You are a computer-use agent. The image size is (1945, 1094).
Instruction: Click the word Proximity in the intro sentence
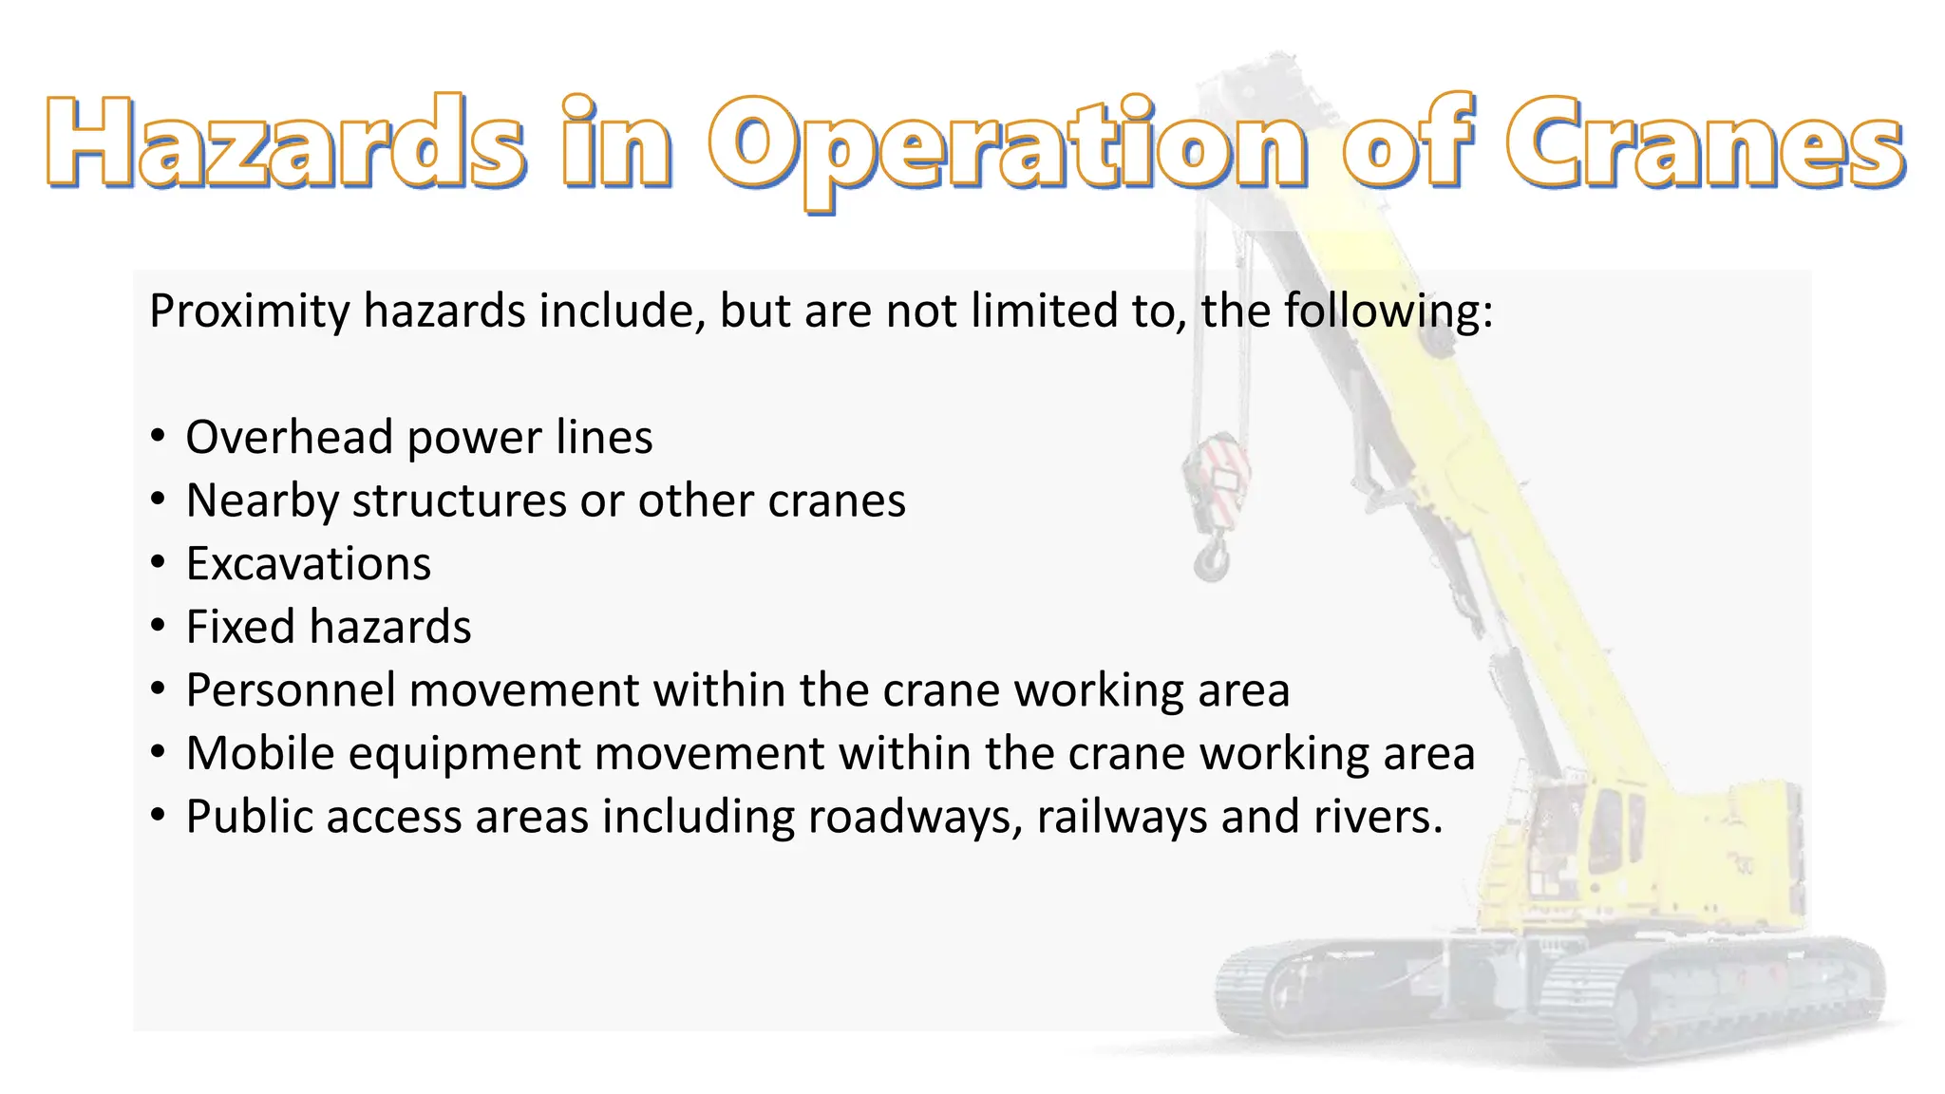tap(250, 311)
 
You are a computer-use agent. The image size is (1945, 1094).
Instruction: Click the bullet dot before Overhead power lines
tap(159, 437)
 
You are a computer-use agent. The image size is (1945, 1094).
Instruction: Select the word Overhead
tap(289, 437)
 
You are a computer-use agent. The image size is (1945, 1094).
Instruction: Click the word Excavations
tap(308, 564)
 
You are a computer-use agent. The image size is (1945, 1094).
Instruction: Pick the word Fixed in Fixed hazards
tap(239, 627)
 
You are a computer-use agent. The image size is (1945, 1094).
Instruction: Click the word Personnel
tap(290, 690)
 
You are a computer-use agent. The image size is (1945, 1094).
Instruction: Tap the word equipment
tap(464, 755)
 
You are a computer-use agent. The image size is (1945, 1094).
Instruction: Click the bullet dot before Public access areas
tap(159, 816)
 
